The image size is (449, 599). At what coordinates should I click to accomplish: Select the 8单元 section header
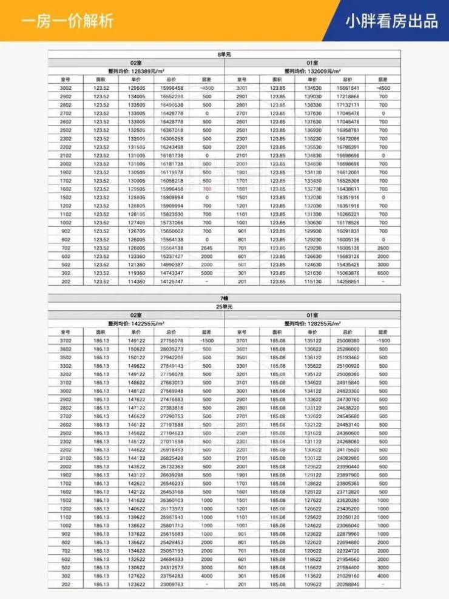click(224, 55)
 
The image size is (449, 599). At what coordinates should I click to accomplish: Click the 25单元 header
click(224, 307)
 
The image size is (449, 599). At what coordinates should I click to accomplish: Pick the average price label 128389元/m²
click(136, 71)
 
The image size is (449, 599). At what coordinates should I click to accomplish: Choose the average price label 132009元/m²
click(312, 71)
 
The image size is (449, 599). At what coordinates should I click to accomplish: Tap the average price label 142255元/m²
click(136, 323)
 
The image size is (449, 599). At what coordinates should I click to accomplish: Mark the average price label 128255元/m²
click(312, 323)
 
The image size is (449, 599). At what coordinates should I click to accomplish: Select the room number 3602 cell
click(66, 349)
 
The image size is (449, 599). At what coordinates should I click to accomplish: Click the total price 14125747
click(172, 282)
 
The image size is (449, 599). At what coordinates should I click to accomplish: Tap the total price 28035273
click(172, 349)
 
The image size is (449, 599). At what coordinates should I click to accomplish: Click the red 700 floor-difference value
click(207, 189)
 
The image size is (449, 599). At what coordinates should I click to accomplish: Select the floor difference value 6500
click(383, 273)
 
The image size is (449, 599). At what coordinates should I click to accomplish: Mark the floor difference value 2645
click(207, 248)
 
